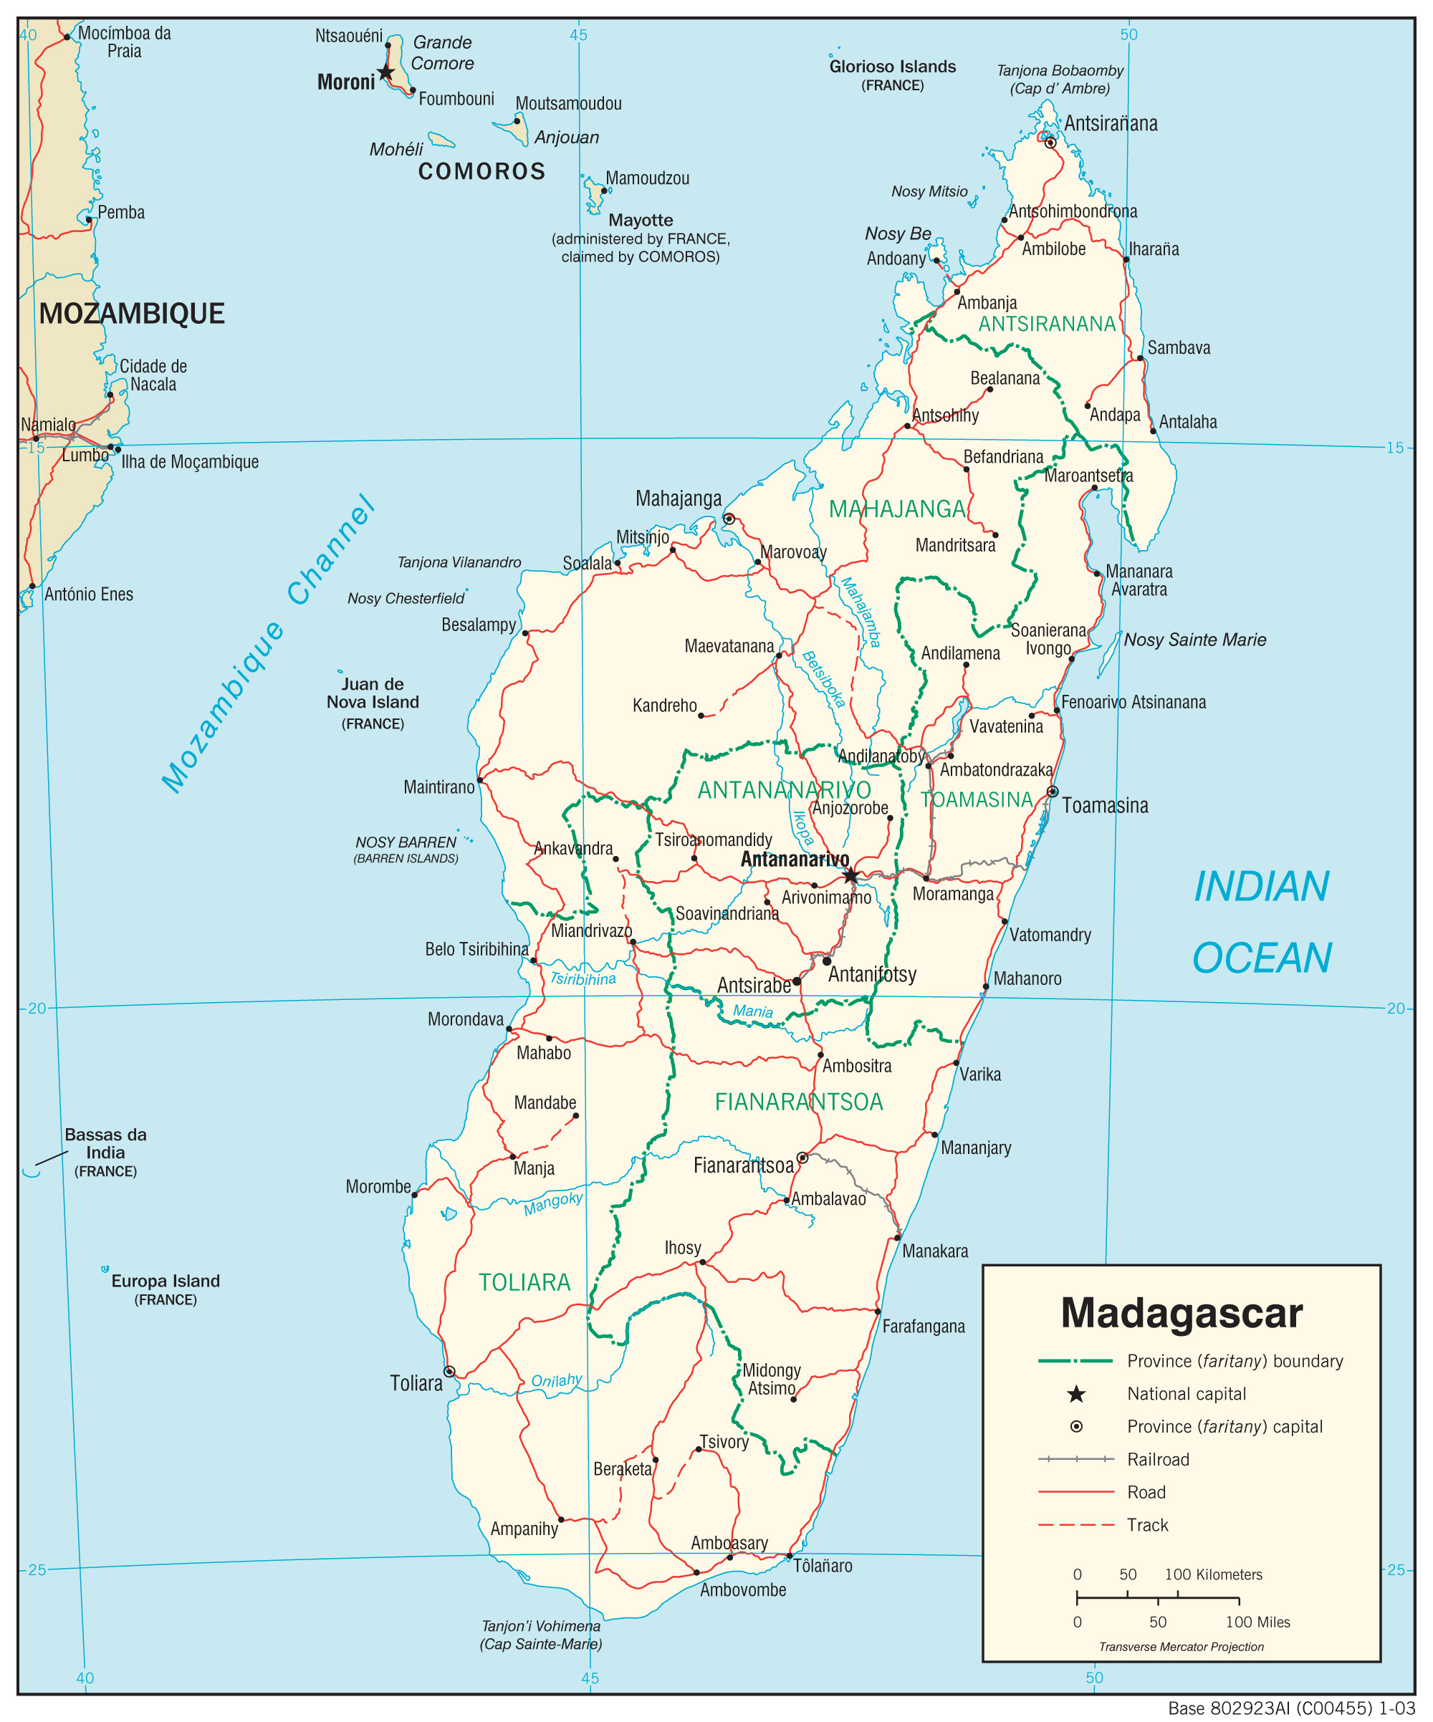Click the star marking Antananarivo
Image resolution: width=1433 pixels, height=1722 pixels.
pyautogui.click(x=850, y=876)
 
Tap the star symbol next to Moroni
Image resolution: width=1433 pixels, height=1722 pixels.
pyautogui.click(x=385, y=73)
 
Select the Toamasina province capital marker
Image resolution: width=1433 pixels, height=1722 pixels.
pyautogui.click(x=1053, y=792)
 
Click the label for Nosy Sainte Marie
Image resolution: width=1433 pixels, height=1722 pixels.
pyautogui.click(x=1194, y=640)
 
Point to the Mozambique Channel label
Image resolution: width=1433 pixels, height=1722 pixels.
pyautogui.click(x=268, y=645)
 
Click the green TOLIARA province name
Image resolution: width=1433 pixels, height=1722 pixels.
pyautogui.click(x=524, y=1282)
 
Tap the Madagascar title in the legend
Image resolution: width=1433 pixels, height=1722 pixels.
pyautogui.click(x=1182, y=1313)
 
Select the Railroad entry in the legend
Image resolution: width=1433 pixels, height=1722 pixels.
pyautogui.click(x=1157, y=1460)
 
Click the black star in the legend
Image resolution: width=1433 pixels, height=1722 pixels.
pyautogui.click(x=1076, y=1394)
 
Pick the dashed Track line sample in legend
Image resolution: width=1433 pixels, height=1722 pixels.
pyautogui.click(x=1075, y=1525)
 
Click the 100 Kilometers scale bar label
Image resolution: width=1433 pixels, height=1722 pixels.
pyautogui.click(x=1213, y=1574)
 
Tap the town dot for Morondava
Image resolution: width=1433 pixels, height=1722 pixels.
pyautogui.click(x=509, y=1029)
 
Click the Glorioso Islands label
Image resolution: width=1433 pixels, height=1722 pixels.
pyautogui.click(x=893, y=67)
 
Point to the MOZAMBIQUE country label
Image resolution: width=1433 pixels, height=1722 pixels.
pyautogui.click(x=132, y=313)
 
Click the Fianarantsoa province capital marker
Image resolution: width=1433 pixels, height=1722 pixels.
pyautogui.click(x=802, y=1158)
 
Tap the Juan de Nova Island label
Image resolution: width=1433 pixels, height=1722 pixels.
pyautogui.click(x=373, y=693)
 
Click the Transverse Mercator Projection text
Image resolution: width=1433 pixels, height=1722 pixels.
pyautogui.click(x=1182, y=1647)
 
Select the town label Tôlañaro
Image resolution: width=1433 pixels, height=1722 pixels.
pyautogui.click(x=823, y=1566)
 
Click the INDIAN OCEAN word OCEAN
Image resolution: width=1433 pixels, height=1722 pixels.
pyautogui.click(x=1262, y=958)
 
